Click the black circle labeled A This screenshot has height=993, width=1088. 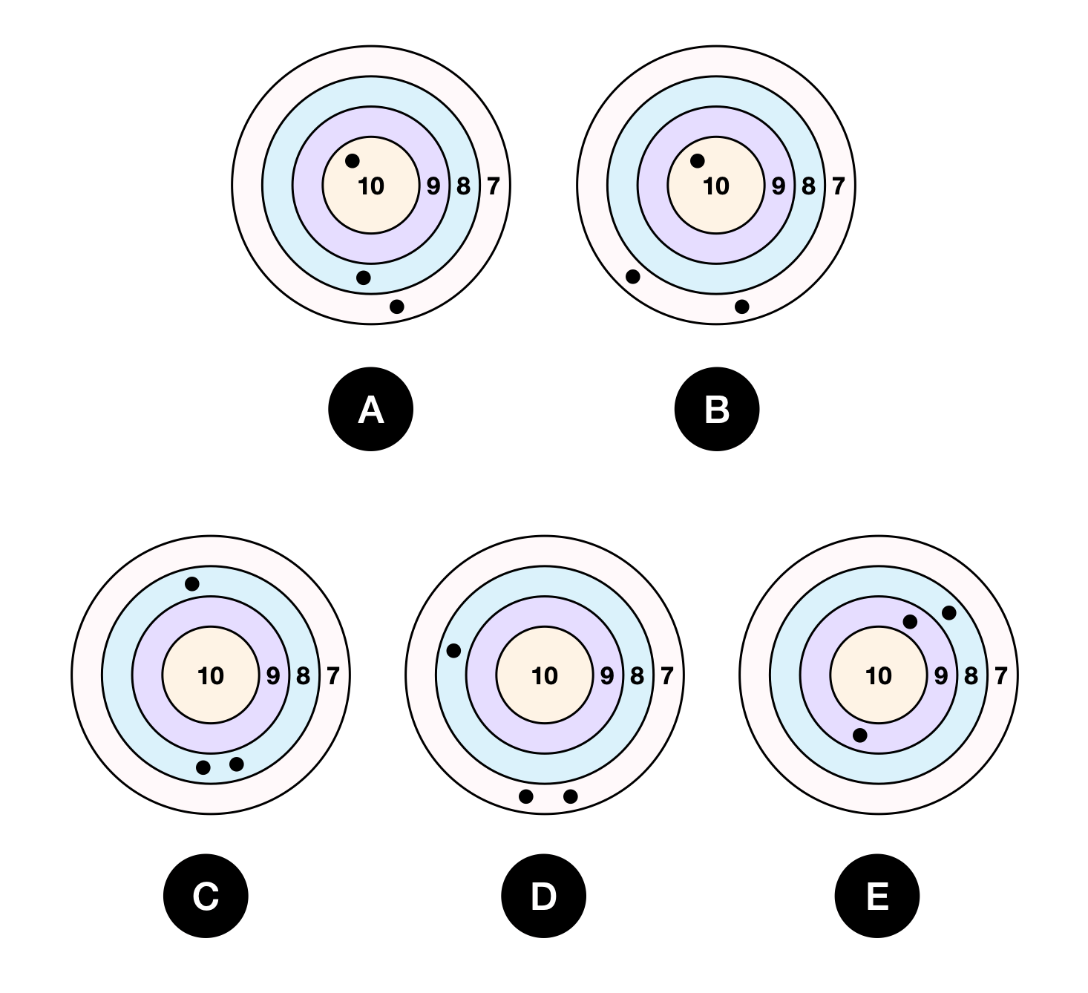pyautogui.click(x=370, y=409)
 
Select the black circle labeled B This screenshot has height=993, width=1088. pyautogui.click(x=716, y=409)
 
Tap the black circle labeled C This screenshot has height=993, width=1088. pyautogui.click(x=206, y=896)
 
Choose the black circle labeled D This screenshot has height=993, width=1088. pyautogui.click(x=543, y=896)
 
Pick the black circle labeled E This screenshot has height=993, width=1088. pyautogui.click(x=877, y=896)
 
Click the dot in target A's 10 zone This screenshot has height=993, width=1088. pyautogui.click(x=353, y=161)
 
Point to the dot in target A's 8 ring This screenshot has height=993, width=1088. pyautogui.click(x=363, y=278)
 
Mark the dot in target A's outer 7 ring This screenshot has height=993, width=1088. pyautogui.click(x=397, y=307)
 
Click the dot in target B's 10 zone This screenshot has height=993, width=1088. pyautogui.click(x=698, y=161)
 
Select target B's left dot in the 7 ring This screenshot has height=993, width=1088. pyautogui.click(x=633, y=277)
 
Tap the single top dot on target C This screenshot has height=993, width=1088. pyautogui.click(x=192, y=584)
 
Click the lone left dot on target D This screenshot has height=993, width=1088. pyautogui.click(x=453, y=651)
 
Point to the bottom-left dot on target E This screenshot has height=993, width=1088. pyautogui.click(x=860, y=735)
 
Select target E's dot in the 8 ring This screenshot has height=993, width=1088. pyautogui.click(x=948, y=613)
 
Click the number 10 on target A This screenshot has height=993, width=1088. pyautogui.click(x=371, y=186)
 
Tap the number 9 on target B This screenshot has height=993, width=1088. pyautogui.click(x=778, y=186)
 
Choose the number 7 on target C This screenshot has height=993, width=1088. pyautogui.click(x=332, y=675)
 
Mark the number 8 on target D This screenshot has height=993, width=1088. pyautogui.click(x=637, y=675)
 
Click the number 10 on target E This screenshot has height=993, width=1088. pyautogui.click(x=879, y=675)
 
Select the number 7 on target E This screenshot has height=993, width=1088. pyautogui.click(x=1000, y=675)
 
